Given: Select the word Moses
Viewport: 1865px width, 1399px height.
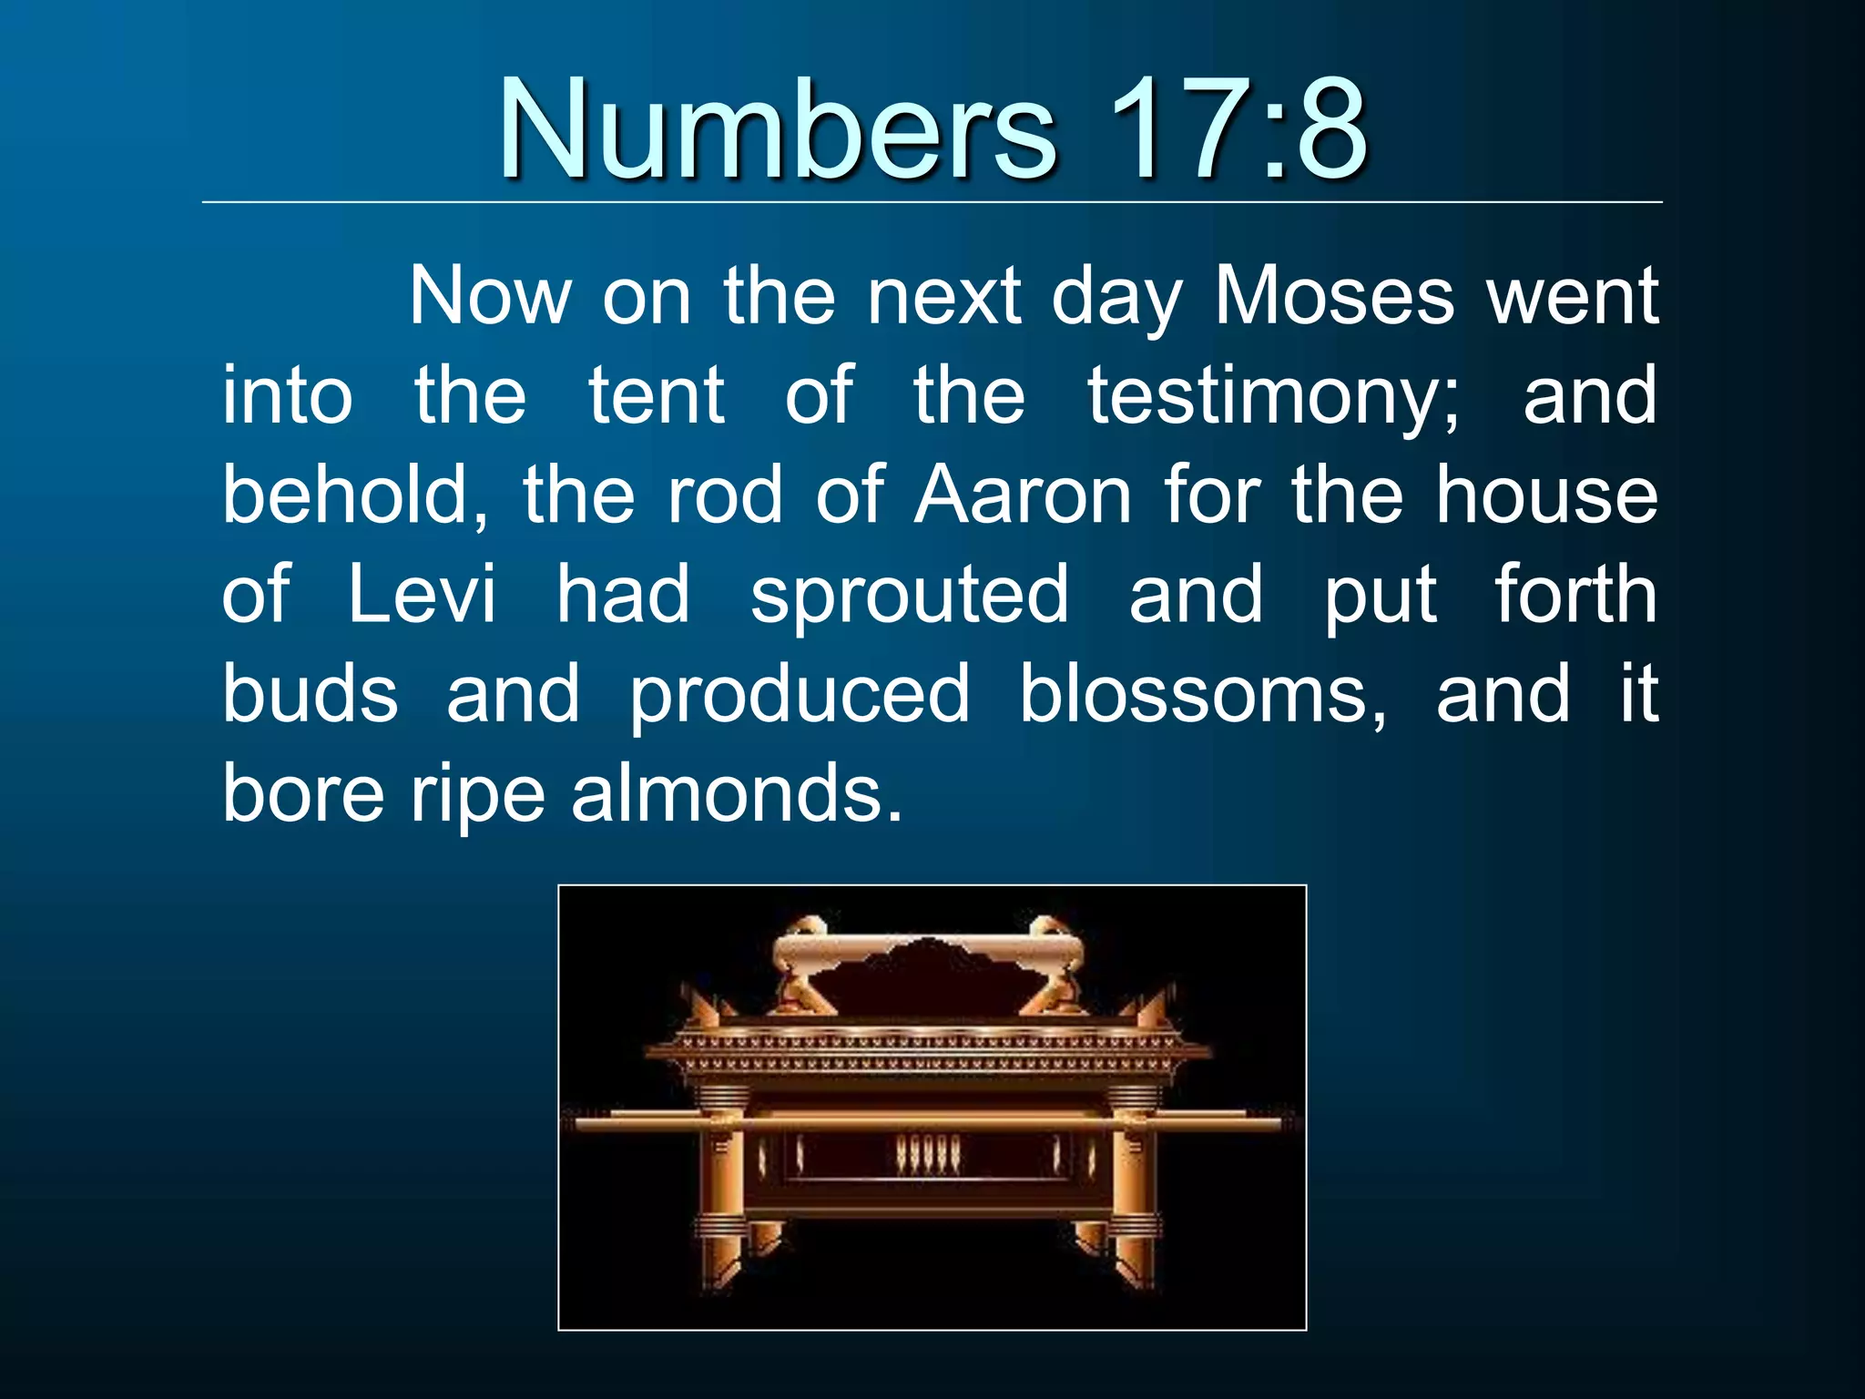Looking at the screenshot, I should [1334, 297].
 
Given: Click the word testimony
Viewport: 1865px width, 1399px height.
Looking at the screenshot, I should [1272, 397].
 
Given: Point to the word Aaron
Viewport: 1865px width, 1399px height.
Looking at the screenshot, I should [1023, 496].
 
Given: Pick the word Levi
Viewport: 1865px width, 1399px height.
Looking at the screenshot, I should [423, 595].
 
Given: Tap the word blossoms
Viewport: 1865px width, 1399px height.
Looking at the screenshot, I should [1202, 694].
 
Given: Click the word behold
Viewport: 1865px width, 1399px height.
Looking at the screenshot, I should [355, 496].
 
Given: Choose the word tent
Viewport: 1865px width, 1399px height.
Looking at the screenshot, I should [657, 397].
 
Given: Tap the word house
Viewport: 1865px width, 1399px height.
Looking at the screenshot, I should [1547, 496].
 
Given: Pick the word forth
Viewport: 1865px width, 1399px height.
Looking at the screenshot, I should [1575, 595].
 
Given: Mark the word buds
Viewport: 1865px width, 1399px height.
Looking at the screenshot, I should [311, 694].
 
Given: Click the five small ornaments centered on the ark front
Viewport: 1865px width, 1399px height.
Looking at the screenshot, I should [928, 1155].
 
